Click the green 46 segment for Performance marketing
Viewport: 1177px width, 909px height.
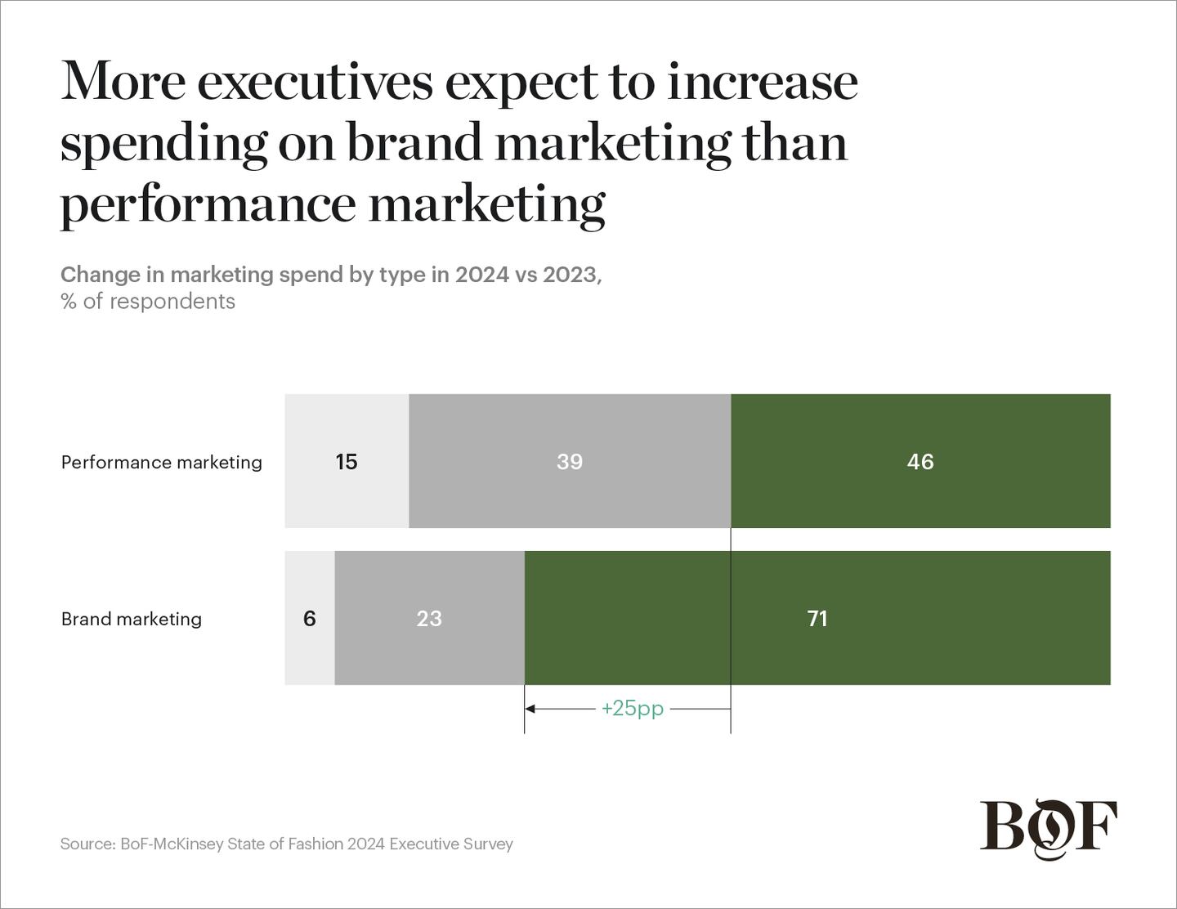[920, 461]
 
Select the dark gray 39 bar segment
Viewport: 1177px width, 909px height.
[570, 461]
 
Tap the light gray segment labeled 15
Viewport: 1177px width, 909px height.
[347, 461]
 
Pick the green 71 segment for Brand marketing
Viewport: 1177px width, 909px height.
[817, 618]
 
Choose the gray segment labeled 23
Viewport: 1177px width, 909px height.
[429, 618]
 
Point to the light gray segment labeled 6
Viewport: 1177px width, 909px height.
[310, 618]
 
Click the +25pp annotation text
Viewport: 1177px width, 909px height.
[633, 708]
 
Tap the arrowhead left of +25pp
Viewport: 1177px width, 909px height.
[530, 709]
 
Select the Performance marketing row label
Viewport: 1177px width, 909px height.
[162, 462]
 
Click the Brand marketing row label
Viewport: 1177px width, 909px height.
[132, 619]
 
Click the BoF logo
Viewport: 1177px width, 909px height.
[1048, 827]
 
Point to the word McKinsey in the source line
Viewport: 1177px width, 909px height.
[188, 844]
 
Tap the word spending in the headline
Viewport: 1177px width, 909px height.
[163, 144]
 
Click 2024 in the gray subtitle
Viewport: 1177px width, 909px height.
[481, 275]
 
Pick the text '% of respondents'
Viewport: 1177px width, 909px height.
[148, 302]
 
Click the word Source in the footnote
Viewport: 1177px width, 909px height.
[87, 844]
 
